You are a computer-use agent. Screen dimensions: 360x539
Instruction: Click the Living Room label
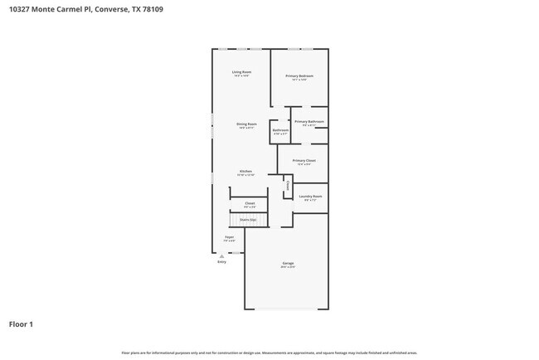click(241, 73)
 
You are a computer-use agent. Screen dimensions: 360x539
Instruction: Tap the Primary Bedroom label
click(299, 77)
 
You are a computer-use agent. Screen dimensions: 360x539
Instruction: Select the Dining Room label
click(246, 125)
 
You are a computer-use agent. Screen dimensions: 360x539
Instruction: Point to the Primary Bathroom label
click(309, 123)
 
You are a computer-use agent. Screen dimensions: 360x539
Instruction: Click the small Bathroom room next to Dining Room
click(281, 131)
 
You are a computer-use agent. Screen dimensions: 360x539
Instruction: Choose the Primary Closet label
click(304, 161)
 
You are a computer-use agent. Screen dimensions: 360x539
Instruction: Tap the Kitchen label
click(246, 173)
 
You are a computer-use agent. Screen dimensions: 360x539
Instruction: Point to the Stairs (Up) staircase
click(249, 220)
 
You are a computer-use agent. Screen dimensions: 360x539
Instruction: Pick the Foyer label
click(229, 238)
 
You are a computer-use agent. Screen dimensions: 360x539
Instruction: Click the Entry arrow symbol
click(221, 256)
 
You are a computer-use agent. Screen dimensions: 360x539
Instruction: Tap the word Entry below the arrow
click(221, 262)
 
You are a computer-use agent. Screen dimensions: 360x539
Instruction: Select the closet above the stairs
click(250, 204)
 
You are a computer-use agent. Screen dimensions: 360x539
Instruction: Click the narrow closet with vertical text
click(288, 187)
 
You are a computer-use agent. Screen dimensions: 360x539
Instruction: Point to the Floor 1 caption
click(21, 324)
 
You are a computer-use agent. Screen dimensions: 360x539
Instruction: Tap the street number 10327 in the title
click(21, 9)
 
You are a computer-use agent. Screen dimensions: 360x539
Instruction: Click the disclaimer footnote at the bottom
click(269, 353)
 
